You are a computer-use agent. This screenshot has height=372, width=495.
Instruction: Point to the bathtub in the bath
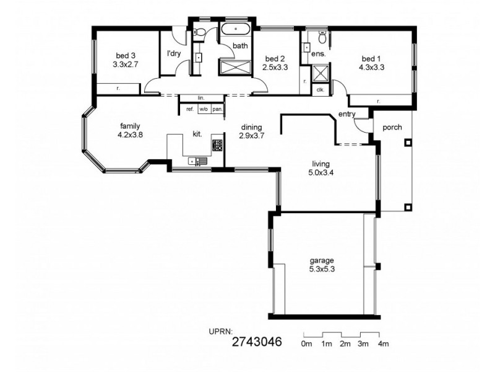[x=236, y=30]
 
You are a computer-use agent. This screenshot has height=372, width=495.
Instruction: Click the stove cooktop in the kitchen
[x=217, y=146]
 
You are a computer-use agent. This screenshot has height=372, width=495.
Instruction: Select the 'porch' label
[x=392, y=128]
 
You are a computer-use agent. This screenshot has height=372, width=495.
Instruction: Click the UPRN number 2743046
[x=257, y=342]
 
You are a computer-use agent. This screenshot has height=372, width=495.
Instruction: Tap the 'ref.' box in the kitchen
[x=190, y=109]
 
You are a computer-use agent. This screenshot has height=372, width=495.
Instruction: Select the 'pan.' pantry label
[x=217, y=109]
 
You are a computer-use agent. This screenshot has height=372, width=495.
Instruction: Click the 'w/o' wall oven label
[x=203, y=109]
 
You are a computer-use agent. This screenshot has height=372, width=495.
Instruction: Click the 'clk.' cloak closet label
[x=320, y=90]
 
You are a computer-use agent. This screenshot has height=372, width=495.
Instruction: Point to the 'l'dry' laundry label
[x=174, y=53]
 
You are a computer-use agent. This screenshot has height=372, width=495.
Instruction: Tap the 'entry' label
[x=346, y=114]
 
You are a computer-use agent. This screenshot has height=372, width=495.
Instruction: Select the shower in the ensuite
[x=321, y=74]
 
